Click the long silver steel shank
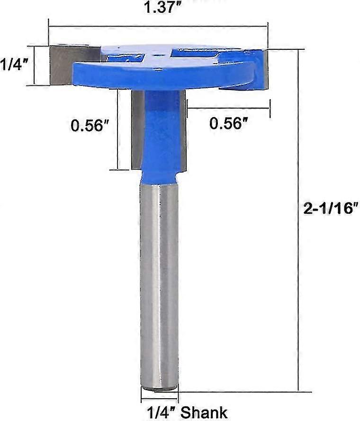160,284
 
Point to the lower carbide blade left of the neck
138,128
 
